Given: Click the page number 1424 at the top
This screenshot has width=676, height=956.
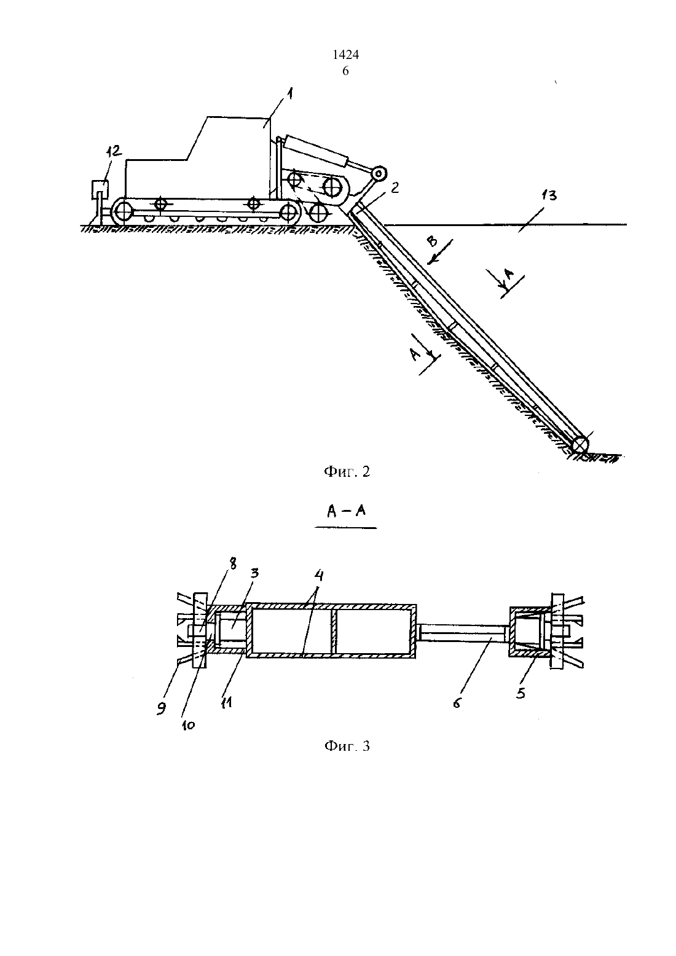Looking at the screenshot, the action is (x=345, y=55).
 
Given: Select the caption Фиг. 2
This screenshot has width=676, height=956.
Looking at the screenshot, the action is (x=347, y=472).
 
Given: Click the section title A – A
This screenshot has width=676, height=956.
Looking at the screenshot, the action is (x=346, y=511).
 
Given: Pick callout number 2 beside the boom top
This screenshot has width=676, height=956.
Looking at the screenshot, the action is (x=395, y=188).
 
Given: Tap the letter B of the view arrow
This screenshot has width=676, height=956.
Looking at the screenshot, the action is (x=432, y=242).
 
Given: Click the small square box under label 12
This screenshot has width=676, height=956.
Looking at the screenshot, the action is (x=100, y=189).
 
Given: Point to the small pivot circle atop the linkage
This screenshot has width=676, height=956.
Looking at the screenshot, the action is (x=378, y=174).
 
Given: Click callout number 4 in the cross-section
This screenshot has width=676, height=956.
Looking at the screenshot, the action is (x=319, y=576).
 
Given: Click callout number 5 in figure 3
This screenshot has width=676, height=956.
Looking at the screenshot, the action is (x=521, y=694).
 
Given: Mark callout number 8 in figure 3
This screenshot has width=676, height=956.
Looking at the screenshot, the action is (x=232, y=564).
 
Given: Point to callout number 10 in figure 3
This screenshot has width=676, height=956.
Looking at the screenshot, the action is (x=188, y=725).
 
